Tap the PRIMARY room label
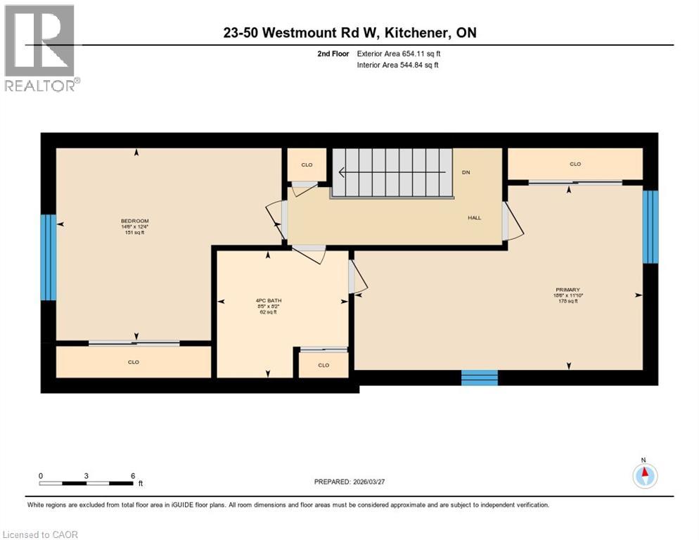coord(567,290)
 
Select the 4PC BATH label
coord(267,302)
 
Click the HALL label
coord(475,218)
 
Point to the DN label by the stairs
coord(466,172)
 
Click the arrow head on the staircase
coord(342,172)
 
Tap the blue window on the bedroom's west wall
coord(47,257)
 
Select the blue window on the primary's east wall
coord(651,226)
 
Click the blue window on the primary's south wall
coord(479,378)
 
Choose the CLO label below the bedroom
coord(134,362)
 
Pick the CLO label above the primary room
coord(575,164)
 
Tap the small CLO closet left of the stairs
coord(307,165)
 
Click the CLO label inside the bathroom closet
coord(323,365)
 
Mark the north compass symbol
coord(644,476)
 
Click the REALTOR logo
coord(41,48)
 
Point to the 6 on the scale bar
coord(132,475)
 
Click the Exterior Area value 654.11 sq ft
coord(421,53)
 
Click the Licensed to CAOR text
coord(41,534)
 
